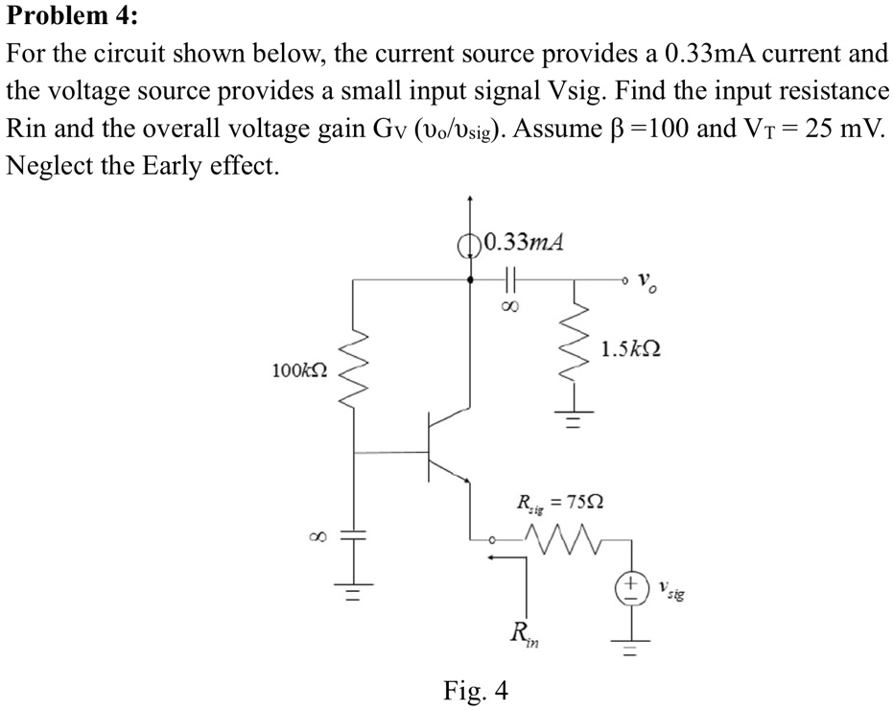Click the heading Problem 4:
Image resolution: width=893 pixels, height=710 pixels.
pos(71,17)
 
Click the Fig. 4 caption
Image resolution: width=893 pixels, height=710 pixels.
pos(476,689)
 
